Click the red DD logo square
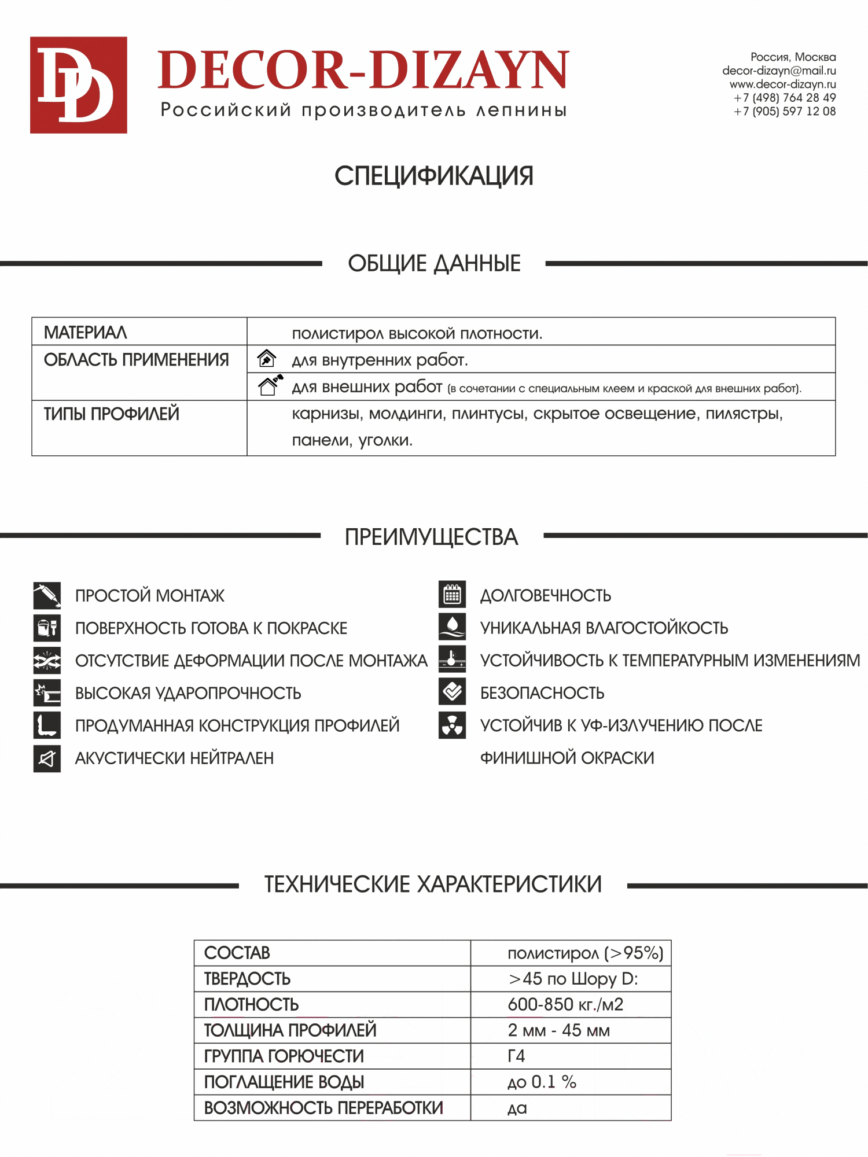tap(79, 85)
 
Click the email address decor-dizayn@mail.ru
tap(779, 71)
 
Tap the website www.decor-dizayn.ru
tap(782, 84)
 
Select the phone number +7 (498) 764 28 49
tap(785, 98)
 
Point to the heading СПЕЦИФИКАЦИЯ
tap(433, 176)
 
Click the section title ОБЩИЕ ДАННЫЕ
tap(434, 264)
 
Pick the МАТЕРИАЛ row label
tap(86, 333)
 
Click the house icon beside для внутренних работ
tap(267, 359)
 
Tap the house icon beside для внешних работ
tap(270, 385)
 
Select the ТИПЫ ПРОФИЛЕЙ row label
tap(112, 414)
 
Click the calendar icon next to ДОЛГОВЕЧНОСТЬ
tap(452, 594)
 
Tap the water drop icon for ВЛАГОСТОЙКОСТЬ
tap(452, 627)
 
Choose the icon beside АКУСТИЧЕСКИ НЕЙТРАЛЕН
tap(47, 758)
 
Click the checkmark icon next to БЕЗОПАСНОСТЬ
tap(452, 692)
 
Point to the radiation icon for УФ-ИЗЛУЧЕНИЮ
tap(452, 725)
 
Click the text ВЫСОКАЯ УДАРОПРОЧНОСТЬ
tap(188, 693)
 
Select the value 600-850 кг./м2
tap(565, 1005)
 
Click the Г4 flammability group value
tap(516, 1056)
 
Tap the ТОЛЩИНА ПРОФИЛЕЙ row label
tap(290, 1030)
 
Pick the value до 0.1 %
tap(542, 1082)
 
